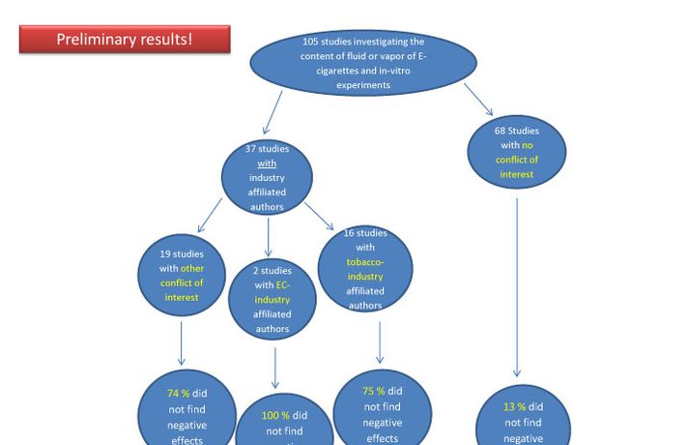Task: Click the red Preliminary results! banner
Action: point(125,40)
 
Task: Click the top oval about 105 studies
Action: point(363,63)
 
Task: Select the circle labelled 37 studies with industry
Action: point(267,177)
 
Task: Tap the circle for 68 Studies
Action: point(517,152)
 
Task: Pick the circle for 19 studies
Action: point(182,275)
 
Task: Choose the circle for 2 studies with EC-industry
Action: point(273,300)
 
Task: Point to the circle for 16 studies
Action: point(365,269)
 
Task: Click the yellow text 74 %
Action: point(178,394)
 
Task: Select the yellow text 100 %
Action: point(275,415)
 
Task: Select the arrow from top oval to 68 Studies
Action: point(478,99)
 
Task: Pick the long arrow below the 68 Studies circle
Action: point(517,286)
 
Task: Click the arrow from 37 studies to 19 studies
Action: point(210,216)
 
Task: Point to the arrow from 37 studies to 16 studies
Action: point(320,216)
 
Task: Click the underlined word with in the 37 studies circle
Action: point(267,163)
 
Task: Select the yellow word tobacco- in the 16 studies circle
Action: point(365,262)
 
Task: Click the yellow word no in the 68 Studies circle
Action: point(528,145)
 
